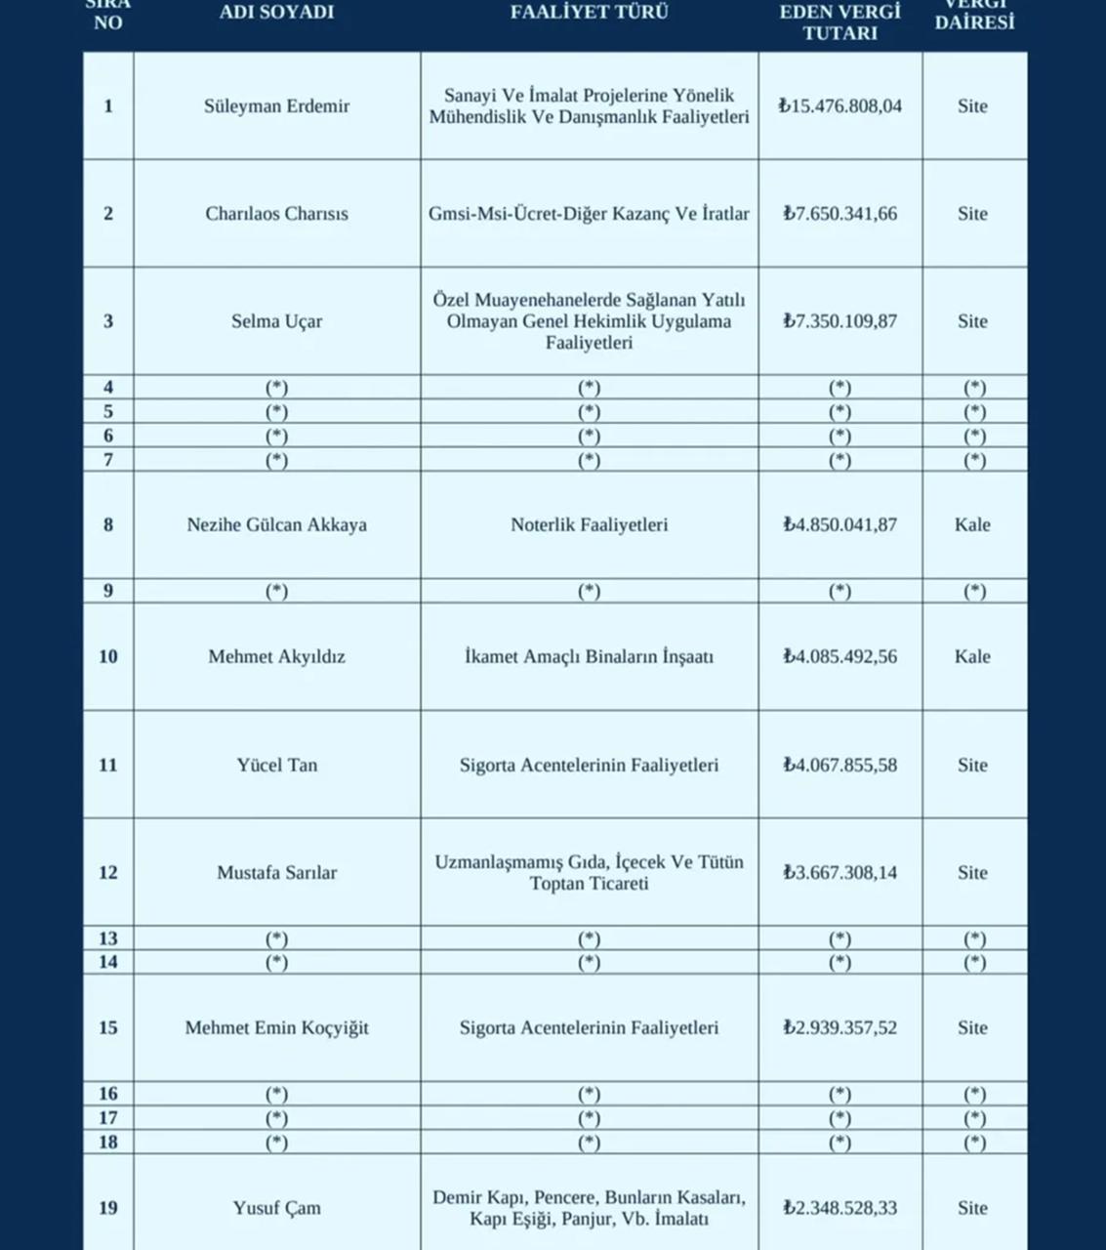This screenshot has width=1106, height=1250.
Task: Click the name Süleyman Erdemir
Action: [276, 106]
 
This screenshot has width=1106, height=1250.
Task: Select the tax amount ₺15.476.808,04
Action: [840, 106]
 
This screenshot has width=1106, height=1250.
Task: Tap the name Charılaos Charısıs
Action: [276, 214]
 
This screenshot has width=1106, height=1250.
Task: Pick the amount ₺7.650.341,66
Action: [840, 214]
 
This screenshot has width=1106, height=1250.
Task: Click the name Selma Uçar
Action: [276, 321]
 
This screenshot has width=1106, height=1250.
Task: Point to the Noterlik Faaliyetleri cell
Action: [589, 525]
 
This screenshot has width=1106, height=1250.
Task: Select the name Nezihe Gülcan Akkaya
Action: [276, 525]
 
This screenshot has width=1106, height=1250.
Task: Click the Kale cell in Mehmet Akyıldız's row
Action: [972, 657]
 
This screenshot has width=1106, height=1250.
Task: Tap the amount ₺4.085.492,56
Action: [840, 657]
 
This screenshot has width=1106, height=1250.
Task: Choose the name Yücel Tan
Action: [276, 766]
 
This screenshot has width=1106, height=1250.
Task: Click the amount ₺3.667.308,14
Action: [840, 873]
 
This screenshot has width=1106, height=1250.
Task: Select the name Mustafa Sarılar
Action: [276, 873]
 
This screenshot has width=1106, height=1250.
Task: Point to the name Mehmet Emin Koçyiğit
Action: [276, 1028]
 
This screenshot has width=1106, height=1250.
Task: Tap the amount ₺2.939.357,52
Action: [840, 1028]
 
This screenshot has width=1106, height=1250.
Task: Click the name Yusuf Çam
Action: [276, 1208]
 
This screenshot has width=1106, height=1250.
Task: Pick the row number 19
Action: [107, 1208]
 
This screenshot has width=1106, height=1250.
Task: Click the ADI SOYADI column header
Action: [276, 13]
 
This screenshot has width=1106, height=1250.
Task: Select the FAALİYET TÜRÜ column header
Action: [589, 13]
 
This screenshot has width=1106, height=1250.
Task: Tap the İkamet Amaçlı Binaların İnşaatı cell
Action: [589, 657]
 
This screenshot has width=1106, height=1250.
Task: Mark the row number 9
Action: [107, 591]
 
